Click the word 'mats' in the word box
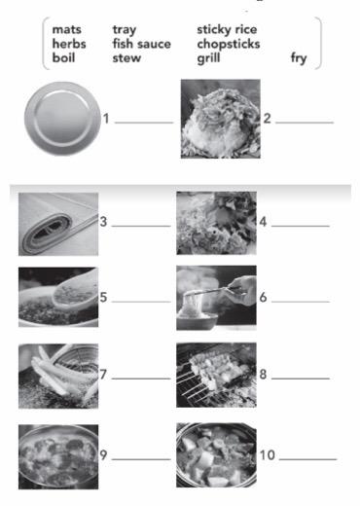(x=66, y=29)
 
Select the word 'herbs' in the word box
(x=69, y=44)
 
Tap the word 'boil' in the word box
(x=63, y=57)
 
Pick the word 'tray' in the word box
(x=125, y=30)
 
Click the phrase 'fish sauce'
(x=141, y=44)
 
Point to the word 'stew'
(x=126, y=58)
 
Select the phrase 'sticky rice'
(x=227, y=30)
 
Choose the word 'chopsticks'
(x=229, y=44)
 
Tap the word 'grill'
(x=208, y=58)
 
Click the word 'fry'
(x=299, y=58)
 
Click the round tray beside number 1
(x=62, y=119)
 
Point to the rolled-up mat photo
(x=58, y=224)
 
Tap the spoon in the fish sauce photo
(x=75, y=291)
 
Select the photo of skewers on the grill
(x=216, y=375)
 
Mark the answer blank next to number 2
(x=305, y=123)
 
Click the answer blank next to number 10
(x=307, y=459)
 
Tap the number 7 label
(x=103, y=375)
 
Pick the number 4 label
(x=263, y=222)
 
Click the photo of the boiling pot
(x=58, y=456)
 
